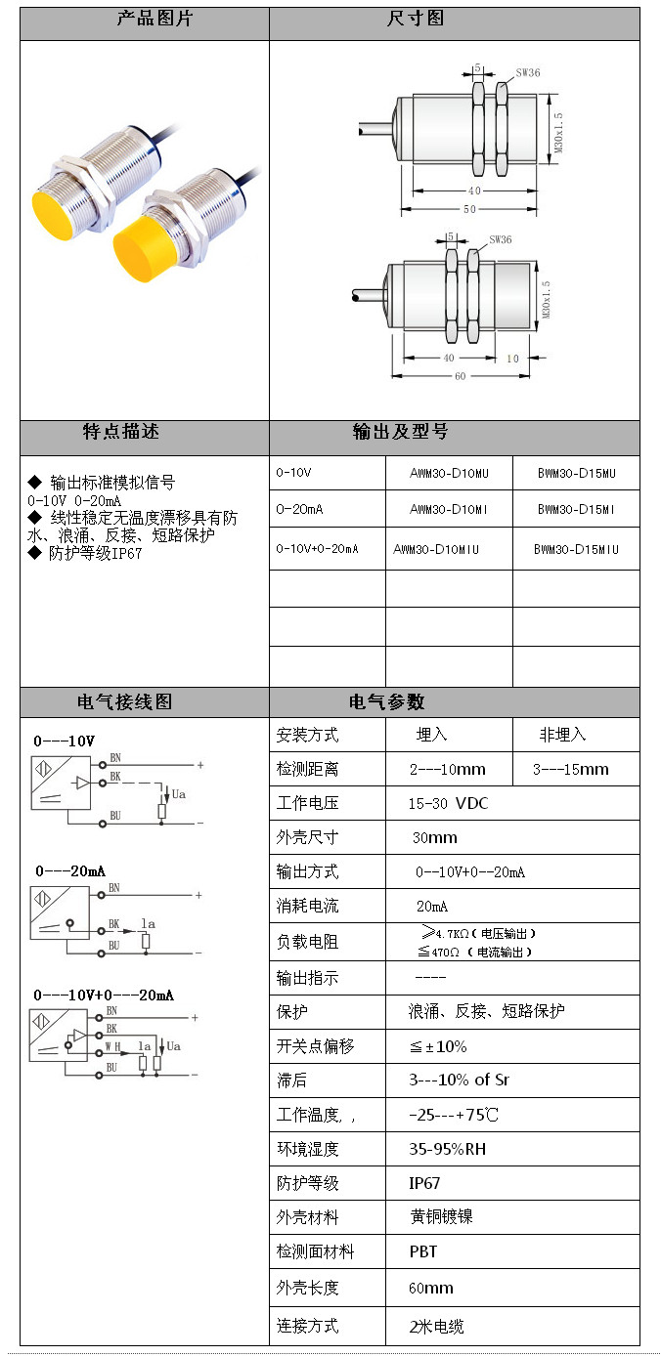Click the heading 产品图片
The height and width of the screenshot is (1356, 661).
point(144,20)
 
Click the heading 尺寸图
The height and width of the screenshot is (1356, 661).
point(417,20)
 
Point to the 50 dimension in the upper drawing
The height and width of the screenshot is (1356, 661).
point(470,210)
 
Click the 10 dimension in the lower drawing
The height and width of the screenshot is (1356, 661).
point(512,358)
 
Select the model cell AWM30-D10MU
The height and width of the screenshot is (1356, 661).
point(449,474)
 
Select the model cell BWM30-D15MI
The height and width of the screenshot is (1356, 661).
point(576,510)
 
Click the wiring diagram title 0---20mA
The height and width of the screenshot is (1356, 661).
point(70,870)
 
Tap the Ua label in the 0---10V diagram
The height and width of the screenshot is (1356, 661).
point(178,794)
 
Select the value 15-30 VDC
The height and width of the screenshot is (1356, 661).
point(448,803)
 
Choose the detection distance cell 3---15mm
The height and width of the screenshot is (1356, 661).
point(570,769)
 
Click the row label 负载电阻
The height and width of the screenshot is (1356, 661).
point(307,942)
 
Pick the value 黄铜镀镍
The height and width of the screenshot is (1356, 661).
point(441,1217)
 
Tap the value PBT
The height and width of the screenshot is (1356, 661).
point(423,1251)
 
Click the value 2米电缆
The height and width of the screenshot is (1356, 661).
point(436,1326)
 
